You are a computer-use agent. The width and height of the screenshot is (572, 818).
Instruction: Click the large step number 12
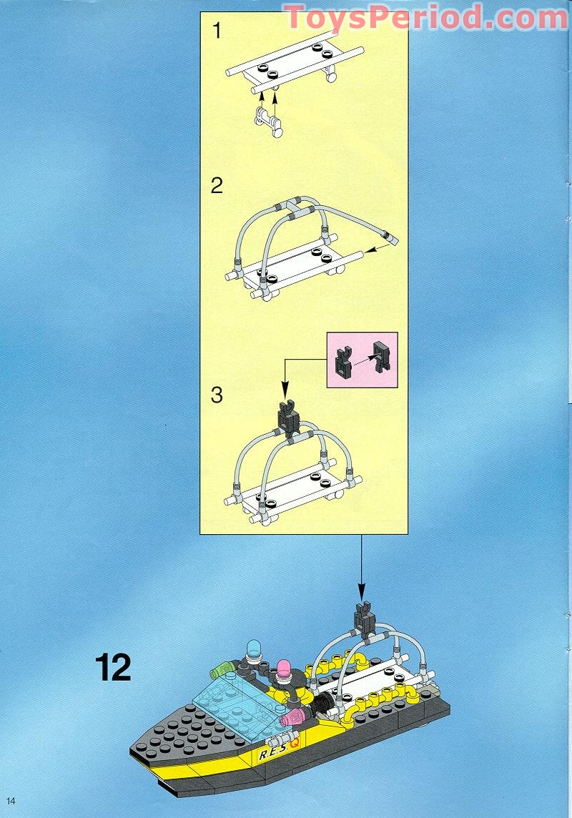tap(113, 667)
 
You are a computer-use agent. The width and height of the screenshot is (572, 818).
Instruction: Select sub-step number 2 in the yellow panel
tap(217, 187)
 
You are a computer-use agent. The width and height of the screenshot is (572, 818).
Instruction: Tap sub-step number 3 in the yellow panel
tap(217, 395)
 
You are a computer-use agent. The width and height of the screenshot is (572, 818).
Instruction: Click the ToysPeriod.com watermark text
tap(425, 16)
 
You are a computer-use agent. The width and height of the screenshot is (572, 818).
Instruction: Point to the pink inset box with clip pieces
tap(362, 360)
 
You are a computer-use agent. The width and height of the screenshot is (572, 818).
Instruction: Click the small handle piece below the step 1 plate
tap(268, 121)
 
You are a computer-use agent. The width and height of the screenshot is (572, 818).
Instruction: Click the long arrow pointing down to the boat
tap(360, 565)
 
